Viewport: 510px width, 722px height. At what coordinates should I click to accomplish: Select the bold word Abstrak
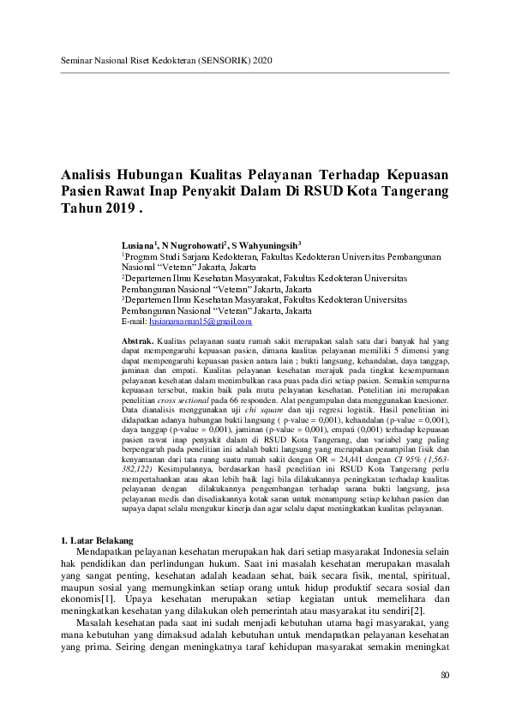(140, 341)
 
